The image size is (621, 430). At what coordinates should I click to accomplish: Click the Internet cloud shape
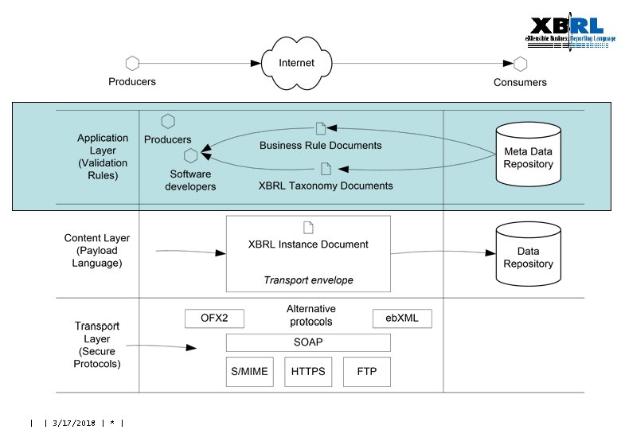tap(296, 62)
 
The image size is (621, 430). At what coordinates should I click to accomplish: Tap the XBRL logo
tap(569, 33)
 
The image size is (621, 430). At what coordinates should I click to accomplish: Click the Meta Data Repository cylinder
tap(528, 151)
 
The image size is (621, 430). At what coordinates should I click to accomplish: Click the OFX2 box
tap(214, 319)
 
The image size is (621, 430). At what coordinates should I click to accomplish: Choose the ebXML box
tap(401, 319)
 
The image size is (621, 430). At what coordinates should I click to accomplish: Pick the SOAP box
tap(308, 342)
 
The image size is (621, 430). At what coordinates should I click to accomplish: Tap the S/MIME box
tap(248, 372)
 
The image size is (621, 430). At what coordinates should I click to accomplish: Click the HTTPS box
tap(308, 372)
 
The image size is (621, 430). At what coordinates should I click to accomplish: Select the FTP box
tap(367, 372)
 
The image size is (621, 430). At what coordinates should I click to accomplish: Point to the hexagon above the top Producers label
tap(132, 63)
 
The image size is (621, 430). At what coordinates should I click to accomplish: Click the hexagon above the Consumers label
tap(520, 64)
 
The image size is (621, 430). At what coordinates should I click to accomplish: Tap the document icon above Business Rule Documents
tap(321, 128)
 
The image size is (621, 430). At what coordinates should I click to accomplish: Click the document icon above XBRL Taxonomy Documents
tap(326, 168)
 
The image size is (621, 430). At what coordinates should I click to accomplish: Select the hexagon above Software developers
tap(190, 155)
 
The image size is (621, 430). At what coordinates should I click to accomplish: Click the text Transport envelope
tap(308, 280)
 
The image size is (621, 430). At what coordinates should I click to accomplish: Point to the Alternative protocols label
tap(310, 315)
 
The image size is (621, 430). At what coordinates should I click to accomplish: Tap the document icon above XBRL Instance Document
tap(308, 227)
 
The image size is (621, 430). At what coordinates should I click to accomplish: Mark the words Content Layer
tap(97, 238)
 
